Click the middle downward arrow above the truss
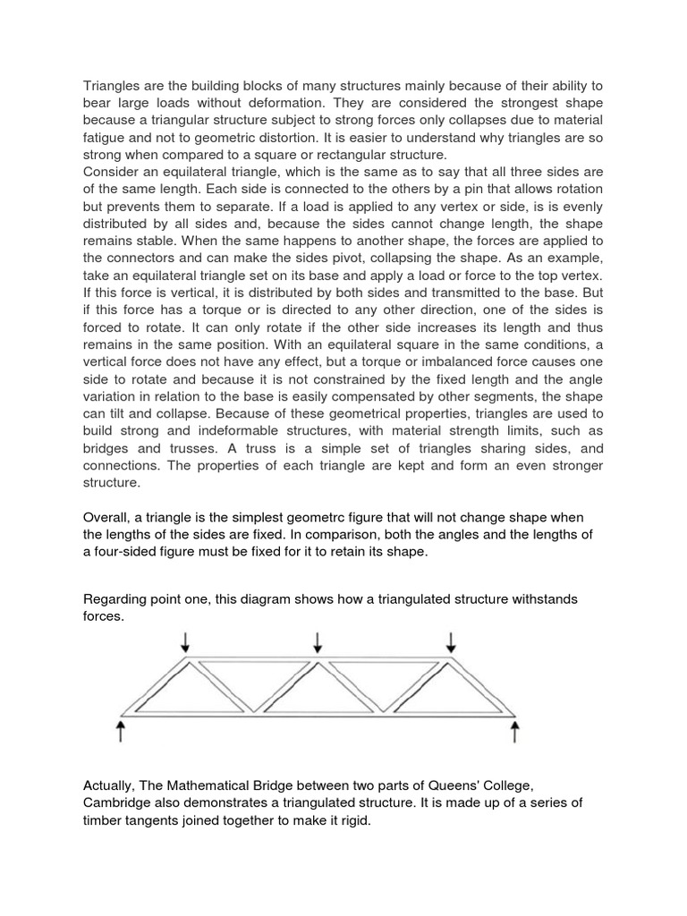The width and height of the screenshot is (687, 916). pyautogui.click(x=318, y=641)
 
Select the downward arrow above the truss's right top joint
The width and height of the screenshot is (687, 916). pyautogui.click(x=451, y=641)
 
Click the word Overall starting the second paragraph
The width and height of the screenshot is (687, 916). pyautogui.click(x=108, y=518)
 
